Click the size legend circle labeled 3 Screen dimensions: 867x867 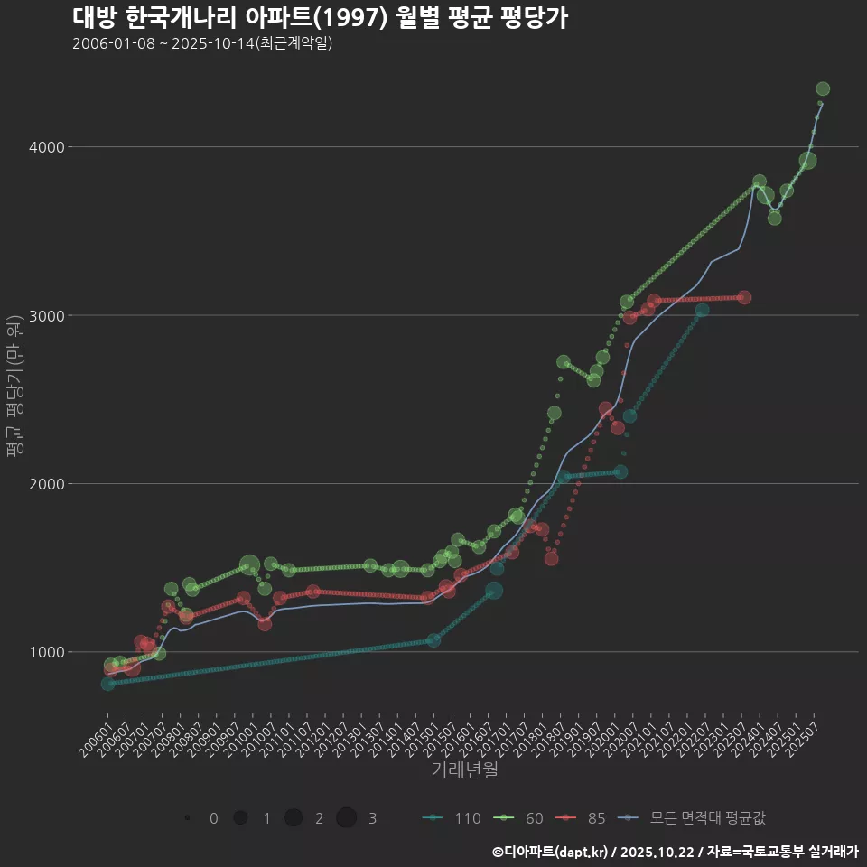[347, 818]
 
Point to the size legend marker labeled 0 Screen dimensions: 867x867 [187, 818]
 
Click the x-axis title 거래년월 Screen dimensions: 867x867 [464, 769]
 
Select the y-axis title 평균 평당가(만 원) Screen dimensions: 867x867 [14, 388]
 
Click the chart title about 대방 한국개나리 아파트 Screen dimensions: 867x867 [320, 18]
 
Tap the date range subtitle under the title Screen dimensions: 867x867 [202, 43]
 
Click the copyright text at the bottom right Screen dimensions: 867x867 [675, 852]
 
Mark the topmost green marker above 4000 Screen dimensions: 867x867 [823, 89]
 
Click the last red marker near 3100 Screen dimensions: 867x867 [744, 297]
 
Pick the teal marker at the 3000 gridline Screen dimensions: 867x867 [702, 310]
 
